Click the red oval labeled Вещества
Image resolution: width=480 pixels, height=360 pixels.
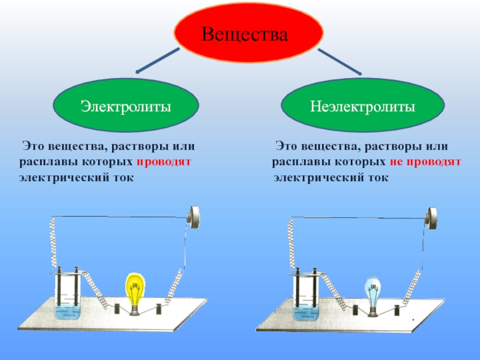click(x=248, y=32)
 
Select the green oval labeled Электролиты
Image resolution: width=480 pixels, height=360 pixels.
click(x=126, y=107)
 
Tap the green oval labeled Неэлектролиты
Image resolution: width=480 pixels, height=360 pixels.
click(x=363, y=107)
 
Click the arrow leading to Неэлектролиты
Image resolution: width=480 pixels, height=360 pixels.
click(x=339, y=62)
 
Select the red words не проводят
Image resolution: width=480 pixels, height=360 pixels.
click(x=428, y=162)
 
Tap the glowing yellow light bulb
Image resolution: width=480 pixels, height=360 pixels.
click(x=136, y=290)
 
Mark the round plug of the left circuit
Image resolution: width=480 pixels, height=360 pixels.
click(x=194, y=216)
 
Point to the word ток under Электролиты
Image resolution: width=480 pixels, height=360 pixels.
click(x=122, y=178)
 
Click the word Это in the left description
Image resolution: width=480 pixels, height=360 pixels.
click(x=31, y=146)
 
